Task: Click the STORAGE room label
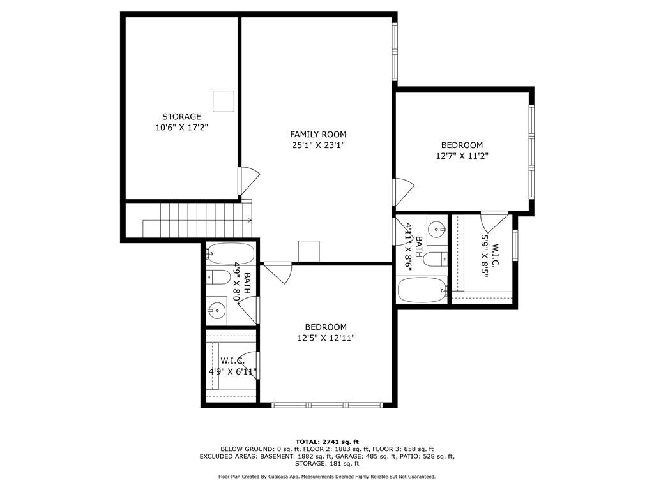(x=181, y=117)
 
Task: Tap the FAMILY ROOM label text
(x=318, y=134)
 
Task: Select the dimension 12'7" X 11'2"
(x=462, y=156)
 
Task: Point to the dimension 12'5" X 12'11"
(x=326, y=338)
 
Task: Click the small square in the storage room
(x=224, y=101)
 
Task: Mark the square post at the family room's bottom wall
(x=309, y=251)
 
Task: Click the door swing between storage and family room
(x=250, y=181)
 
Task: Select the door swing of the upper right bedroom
(x=404, y=192)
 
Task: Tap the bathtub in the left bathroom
(x=231, y=253)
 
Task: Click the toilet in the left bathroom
(x=218, y=277)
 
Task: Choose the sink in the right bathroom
(x=437, y=229)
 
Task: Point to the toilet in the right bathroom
(x=435, y=260)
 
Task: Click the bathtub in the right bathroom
(x=423, y=290)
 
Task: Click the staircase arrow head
(x=250, y=220)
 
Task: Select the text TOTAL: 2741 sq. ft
(x=327, y=442)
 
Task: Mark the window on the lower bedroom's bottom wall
(x=327, y=405)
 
